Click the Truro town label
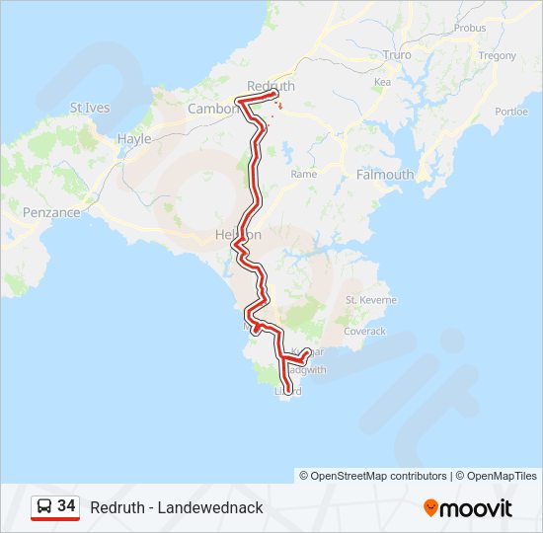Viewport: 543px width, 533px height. coord(396,55)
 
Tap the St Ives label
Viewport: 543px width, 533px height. coord(90,108)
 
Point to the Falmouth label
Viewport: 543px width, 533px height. coord(385,175)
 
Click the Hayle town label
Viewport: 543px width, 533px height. coord(134,139)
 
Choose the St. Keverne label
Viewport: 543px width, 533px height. coord(371,299)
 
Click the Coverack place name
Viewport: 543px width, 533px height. coord(364,332)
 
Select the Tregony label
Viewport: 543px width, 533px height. coord(497,56)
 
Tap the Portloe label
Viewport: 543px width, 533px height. coord(511,112)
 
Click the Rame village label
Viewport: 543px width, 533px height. coord(303,174)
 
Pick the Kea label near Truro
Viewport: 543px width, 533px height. coord(383,82)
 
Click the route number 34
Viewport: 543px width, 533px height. coord(67,506)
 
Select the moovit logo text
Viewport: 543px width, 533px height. coord(477,508)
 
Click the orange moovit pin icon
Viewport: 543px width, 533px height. coord(430,508)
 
